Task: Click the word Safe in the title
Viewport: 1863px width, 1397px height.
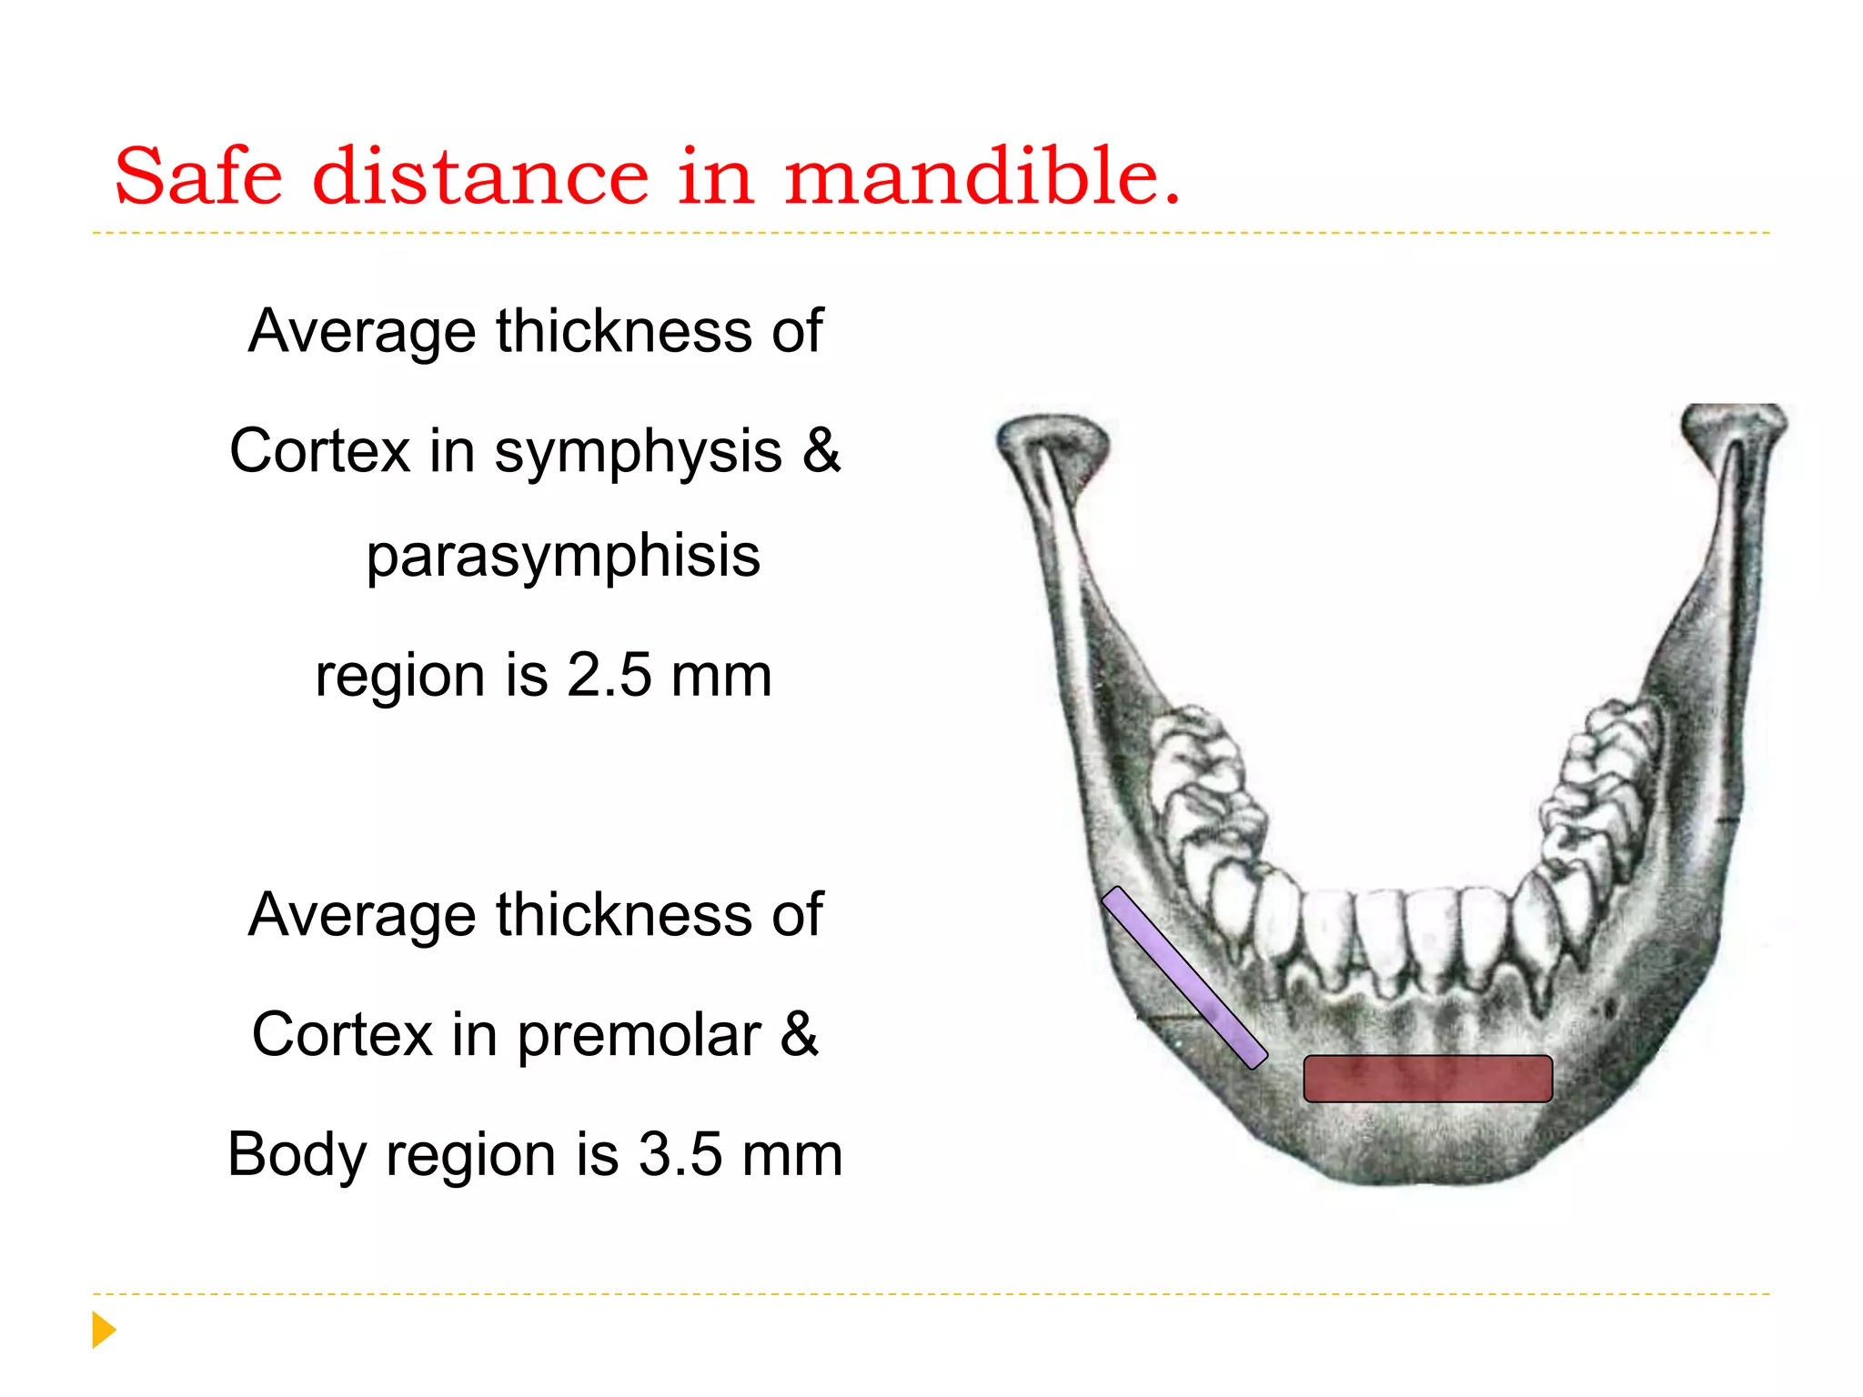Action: [x=198, y=176]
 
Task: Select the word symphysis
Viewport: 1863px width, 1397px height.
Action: [x=638, y=451]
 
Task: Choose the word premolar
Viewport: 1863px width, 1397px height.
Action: [x=639, y=1035]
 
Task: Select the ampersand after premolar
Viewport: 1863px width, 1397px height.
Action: [x=800, y=1034]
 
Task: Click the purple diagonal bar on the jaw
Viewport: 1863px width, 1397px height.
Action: [x=1183, y=978]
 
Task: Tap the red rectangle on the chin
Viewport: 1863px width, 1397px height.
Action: [x=1427, y=1079]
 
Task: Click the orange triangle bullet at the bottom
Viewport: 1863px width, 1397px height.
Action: [x=104, y=1330]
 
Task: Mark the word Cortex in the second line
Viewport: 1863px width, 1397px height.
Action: [x=320, y=451]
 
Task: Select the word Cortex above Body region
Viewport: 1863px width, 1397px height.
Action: [x=342, y=1035]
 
